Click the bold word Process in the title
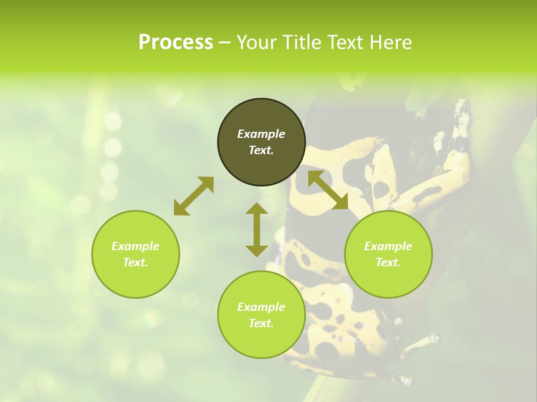coord(176,42)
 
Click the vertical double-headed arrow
coord(257,229)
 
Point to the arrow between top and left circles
coord(194,195)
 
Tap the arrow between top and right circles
coord(328,190)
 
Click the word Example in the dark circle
coord(261,134)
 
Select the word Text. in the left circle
coord(135,262)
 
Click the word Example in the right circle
coord(388,246)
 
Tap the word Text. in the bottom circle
coord(261,323)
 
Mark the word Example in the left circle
coord(135,246)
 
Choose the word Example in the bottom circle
coord(261,307)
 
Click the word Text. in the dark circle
coord(261,150)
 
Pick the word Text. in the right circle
coord(388,262)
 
